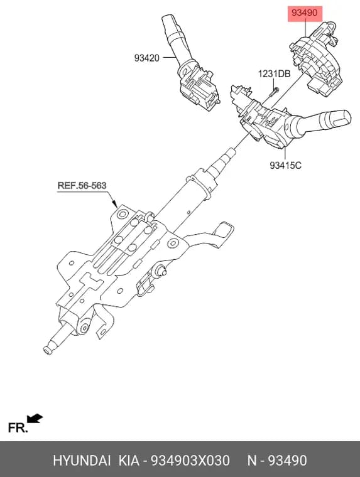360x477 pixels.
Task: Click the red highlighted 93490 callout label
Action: click(x=305, y=13)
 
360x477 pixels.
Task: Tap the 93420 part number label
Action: click(x=147, y=58)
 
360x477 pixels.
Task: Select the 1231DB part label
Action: click(x=274, y=74)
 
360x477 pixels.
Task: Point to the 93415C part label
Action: click(x=285, y=165)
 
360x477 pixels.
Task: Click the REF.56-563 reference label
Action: click(x=82, y=185)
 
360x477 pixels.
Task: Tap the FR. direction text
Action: click(x=18, y=427)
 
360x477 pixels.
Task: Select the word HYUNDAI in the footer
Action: click(x=82, y=461)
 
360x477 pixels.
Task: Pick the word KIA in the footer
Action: click(x=129, y=461)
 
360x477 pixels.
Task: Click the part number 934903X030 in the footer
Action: click(x=190, y=461)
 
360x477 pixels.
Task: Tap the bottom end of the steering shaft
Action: click(x=47, y=350)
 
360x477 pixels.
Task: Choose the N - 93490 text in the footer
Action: click(x=277, y=461)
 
